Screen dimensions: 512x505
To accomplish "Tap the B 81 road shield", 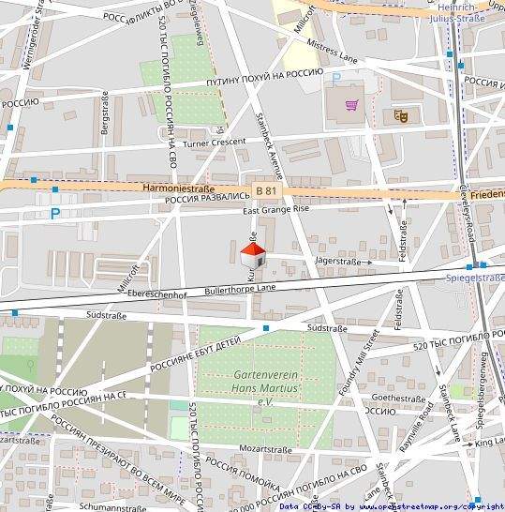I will click(267, 190).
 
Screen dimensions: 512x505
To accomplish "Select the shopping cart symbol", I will click(352, 105).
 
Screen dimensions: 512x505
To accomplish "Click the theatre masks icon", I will click(401, 115).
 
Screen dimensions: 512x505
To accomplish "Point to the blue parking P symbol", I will click(55, 214).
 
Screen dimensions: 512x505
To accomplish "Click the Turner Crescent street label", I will click(215, 143).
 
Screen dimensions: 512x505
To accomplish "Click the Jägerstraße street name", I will click(338, 262).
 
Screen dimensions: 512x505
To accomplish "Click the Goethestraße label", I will click(399, 398).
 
